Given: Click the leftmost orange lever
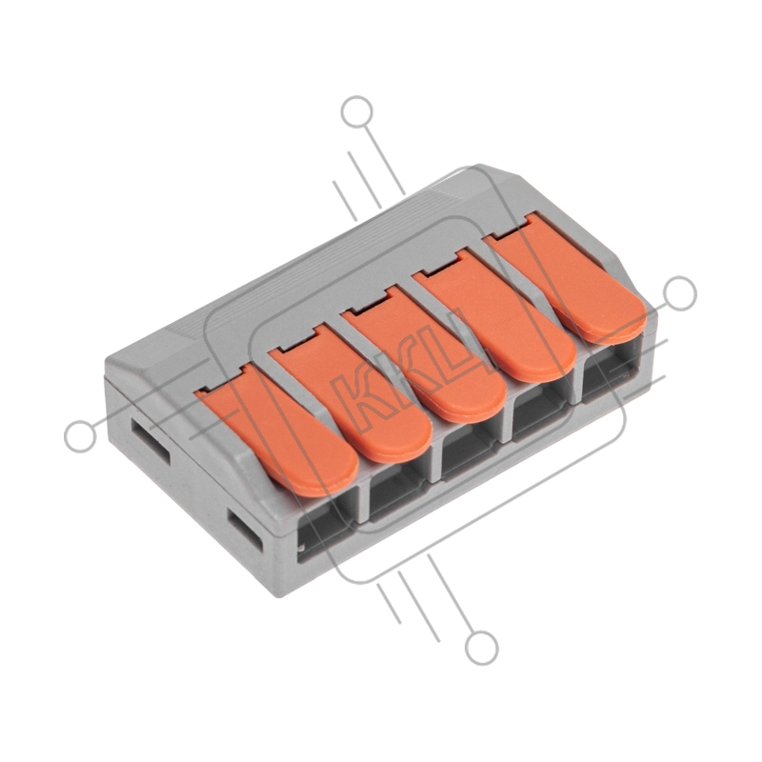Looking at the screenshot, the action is [282, 432].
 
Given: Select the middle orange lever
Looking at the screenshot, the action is [424, 354].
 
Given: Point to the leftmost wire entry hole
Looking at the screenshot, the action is [327, 529].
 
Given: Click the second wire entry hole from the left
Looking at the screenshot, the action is [399, 491].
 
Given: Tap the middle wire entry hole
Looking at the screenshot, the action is [471, 451].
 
